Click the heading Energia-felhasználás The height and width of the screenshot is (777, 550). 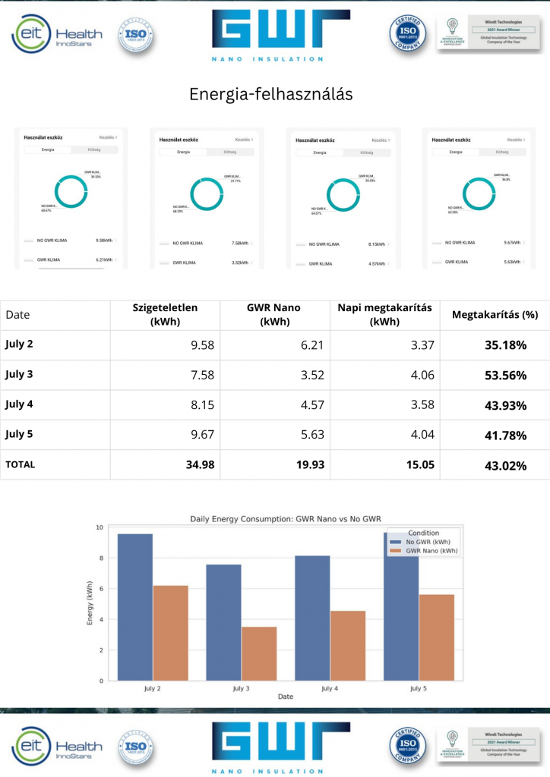[270, 94]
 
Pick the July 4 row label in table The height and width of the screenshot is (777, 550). [19, 404]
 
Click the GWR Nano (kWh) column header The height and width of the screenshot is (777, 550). [275, 315]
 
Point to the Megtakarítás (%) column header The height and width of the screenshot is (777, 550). [495, 315]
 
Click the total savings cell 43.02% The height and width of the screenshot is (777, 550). [505, 465]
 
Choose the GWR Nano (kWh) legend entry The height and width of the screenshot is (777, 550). [431, 551]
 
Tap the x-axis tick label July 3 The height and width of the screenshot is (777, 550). [241, 688]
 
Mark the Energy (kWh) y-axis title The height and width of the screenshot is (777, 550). [90, 603]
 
